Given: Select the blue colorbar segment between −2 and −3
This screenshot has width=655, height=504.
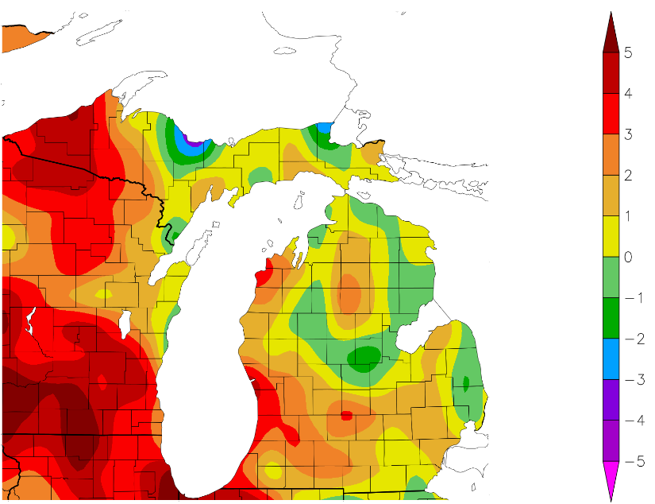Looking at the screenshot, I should (x=610, y=359).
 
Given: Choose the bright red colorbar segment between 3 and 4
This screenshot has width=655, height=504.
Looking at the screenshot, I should (x=610, y=114).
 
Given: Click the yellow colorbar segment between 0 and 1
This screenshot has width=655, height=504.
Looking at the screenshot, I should (x=610, y=236).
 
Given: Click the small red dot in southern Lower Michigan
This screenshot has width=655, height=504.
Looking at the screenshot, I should (x=345, y=415).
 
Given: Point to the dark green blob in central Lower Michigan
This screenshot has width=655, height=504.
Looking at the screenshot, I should (x=365, y=356).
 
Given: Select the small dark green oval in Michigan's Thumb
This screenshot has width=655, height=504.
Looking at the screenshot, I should (x=466, y=382).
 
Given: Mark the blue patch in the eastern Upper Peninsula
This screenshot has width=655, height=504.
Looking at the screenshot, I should (x=324, y=126).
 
